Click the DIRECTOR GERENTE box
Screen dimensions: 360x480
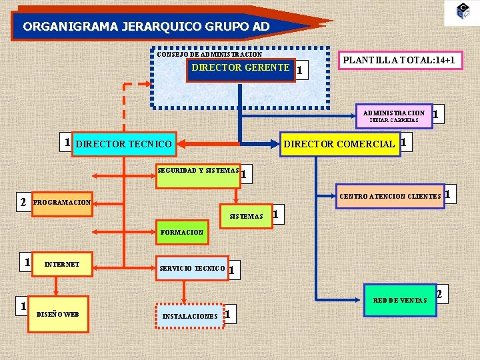pos(240,69)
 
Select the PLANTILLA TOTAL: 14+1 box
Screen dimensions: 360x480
pos(399,60)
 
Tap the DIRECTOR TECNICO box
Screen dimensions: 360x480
pos(124,144)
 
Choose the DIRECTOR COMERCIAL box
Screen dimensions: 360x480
pos(339,144)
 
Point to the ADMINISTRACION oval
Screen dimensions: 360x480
pos(393,116)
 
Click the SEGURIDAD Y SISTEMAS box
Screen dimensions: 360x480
pos(198,171)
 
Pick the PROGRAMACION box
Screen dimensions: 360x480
pos(62,202)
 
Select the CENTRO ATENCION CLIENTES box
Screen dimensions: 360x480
pos(390,196)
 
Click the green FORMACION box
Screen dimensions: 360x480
pos(182,233)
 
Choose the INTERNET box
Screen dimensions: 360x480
pos(61,265)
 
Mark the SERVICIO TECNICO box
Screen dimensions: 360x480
pos(193,269)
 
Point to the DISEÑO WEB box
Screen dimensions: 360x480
pos(58,314)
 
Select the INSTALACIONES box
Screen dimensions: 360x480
pos(190,316)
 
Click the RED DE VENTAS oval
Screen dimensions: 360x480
pos(399,301)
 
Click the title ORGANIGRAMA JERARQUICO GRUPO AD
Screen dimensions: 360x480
pos(147,27)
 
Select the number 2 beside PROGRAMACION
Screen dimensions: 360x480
pos(23,201)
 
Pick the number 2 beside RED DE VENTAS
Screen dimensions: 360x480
pos(439,294)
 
